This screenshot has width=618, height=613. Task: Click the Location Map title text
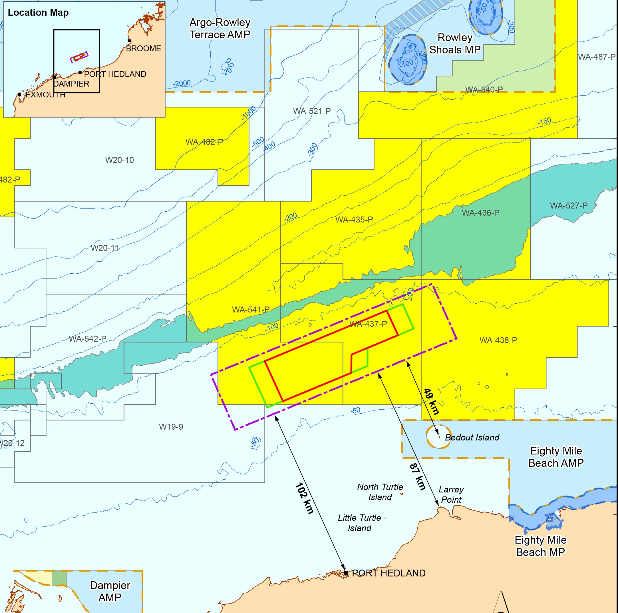click(38, 13)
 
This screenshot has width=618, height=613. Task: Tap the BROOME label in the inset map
click(143, 48)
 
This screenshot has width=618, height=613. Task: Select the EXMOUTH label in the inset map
click(45, 95)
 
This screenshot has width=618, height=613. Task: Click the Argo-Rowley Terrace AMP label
click(220, 29)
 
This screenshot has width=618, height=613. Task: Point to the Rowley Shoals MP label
click(454, 43)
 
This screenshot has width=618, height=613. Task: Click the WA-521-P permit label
click(312, 111)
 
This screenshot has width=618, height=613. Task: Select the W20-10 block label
click(119, 160)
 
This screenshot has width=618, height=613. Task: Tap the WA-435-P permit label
click(354, 220)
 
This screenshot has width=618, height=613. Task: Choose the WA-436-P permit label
click(480, 213)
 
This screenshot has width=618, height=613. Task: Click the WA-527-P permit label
click(569, 205)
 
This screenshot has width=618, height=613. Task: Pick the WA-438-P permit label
click(498, 340)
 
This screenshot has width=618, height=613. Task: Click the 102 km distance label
click(304, 498)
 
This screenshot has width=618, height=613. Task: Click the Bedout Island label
click(472, 438)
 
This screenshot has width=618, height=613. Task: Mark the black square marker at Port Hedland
click(346, 573)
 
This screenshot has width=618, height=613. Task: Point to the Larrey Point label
click(451, 494)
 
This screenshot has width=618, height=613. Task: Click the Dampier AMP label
click(110, 591)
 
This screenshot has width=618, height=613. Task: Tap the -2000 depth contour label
click(182, 83)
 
